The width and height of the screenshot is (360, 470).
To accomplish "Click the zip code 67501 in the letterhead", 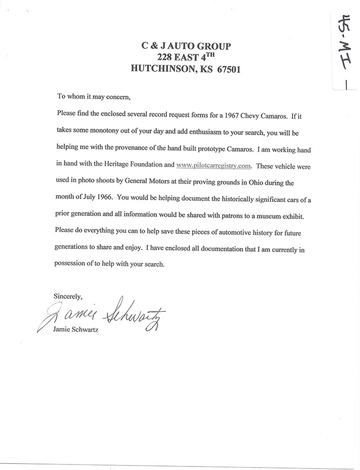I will [x=228, y=69].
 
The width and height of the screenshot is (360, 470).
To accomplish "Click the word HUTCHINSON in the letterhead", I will [x=161, y=69].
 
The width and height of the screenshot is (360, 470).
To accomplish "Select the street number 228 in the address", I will [x=165, y=57].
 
